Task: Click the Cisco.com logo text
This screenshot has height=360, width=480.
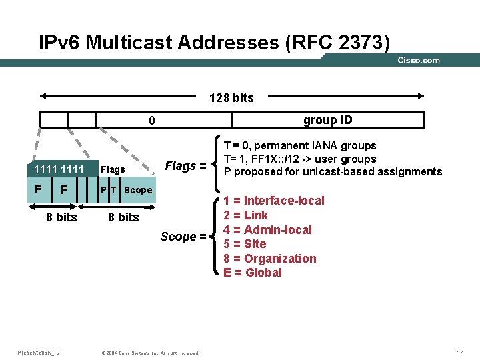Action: pos(418,60)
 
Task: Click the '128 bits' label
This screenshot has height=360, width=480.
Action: pos(231,98)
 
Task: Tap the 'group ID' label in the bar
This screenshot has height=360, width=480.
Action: pos(327,120)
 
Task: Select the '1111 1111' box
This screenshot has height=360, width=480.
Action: pos(59,169)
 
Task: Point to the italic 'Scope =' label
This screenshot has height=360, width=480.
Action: pos(178,237)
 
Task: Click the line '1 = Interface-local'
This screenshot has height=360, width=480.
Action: pos(273,201)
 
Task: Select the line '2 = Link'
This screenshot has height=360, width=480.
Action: pos(245,215)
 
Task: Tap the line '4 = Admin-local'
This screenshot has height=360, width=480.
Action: pos(267,229)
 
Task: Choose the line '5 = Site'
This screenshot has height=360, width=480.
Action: pos(245,244)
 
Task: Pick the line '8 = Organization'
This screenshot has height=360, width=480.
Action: pos(269,258)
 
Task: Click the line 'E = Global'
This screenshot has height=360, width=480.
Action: pos(253,272)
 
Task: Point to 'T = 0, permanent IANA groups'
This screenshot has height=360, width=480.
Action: pos(300,145)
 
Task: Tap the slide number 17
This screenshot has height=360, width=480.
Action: pos(459,351)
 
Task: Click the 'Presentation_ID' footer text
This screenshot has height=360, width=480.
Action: pos(38,351)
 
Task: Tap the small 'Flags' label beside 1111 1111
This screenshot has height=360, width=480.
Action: pos(112,169)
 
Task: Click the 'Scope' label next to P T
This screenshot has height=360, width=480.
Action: pos(138,190)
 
